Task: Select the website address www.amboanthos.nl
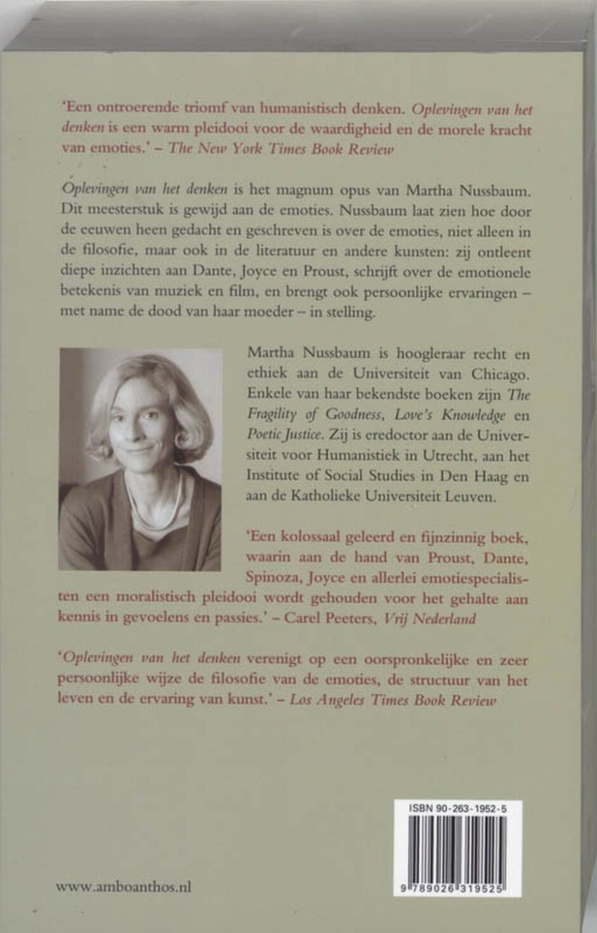[x=124, y=887]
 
